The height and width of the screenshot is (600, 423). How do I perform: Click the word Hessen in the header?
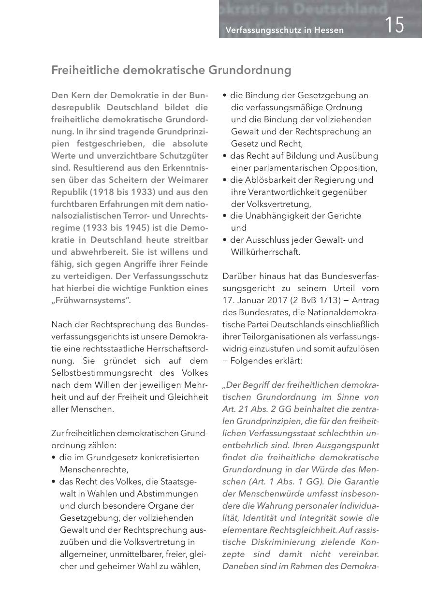[x=329, y=30]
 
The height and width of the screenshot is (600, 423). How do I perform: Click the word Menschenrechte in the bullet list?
[x=93, y=469]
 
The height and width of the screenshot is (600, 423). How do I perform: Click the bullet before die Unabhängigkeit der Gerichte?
[x=225, y=216]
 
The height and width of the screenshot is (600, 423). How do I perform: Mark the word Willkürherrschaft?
[x=265, y=252]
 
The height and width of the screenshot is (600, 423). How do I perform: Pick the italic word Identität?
[x=254, y=517]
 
